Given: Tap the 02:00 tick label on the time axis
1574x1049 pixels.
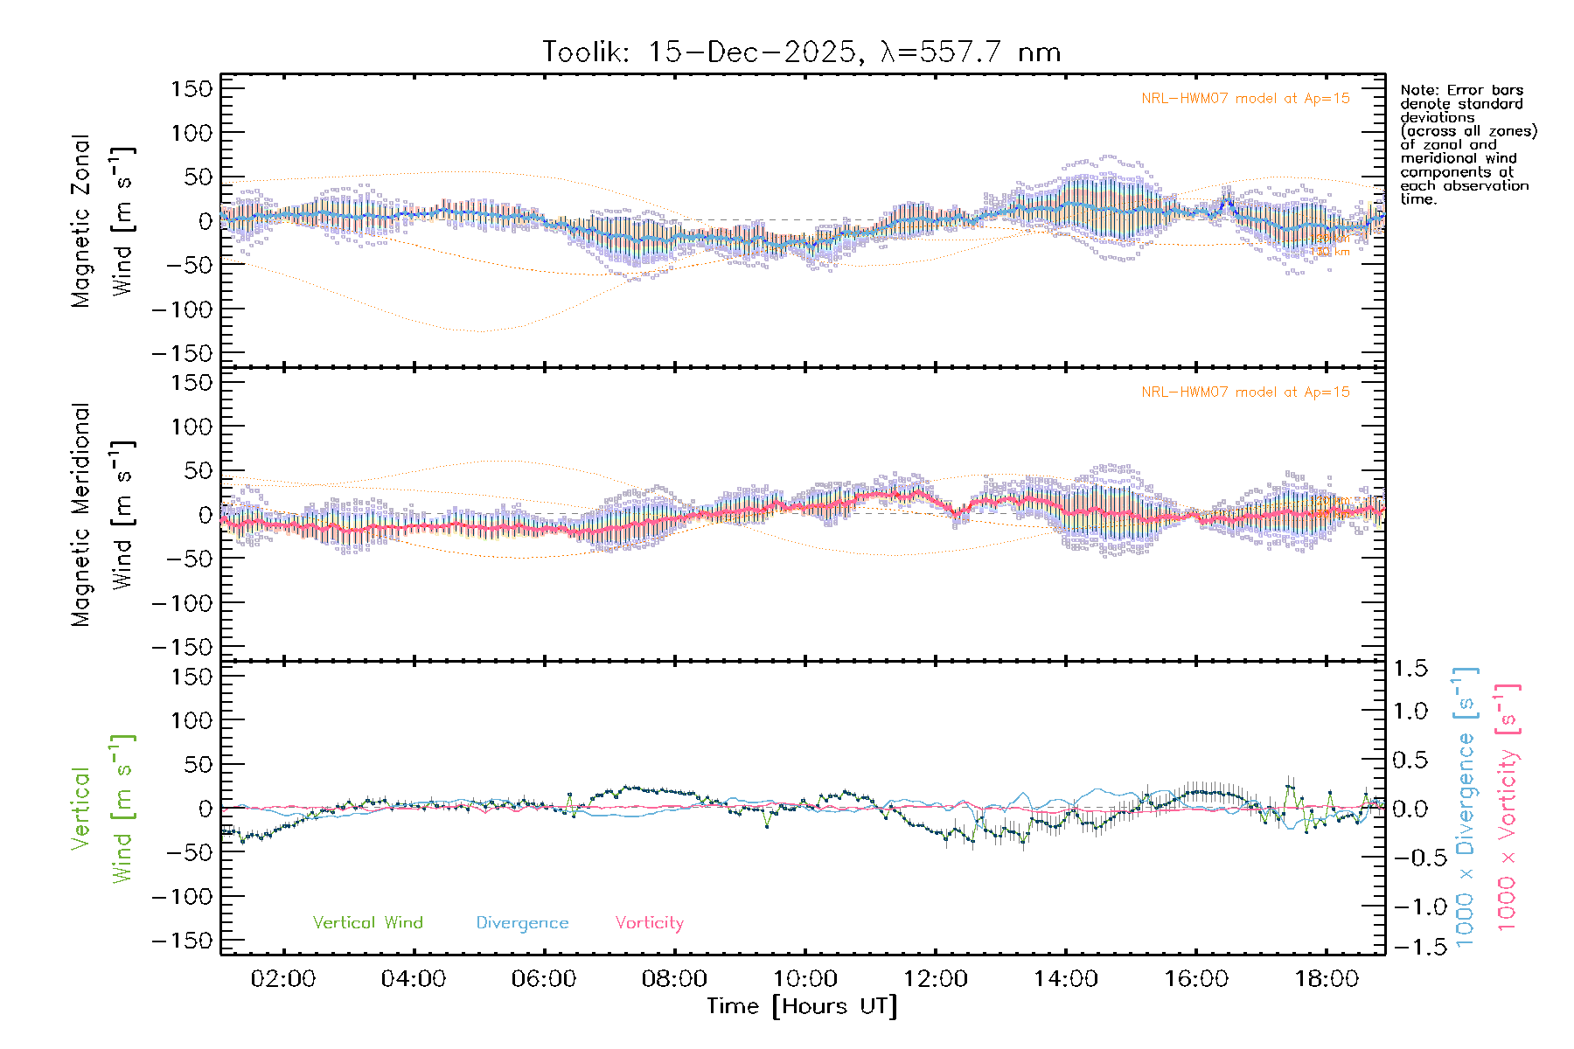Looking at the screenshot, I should (x=282, y=978).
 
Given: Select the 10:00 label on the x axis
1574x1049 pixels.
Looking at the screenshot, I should (x=804, y=978).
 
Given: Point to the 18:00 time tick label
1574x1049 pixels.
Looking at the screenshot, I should (x=1327, y=978).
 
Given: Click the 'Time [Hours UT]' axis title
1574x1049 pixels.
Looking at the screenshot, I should (x=802, y=1006).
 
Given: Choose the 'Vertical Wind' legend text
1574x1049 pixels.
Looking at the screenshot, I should (x=367, y=922).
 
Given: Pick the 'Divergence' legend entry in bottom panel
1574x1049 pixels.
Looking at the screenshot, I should (x=522, y=922).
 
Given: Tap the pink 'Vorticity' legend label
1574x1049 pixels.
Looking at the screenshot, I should (x=649, y=922).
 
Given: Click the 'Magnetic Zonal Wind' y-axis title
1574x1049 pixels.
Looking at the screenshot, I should (x=101, y=220).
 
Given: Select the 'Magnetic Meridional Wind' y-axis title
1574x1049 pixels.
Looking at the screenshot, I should (x=101, y=515).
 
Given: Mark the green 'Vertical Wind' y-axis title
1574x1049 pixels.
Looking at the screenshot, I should (x=101, y=809).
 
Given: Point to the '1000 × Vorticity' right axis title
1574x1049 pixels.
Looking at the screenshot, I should (x=1508, y=809).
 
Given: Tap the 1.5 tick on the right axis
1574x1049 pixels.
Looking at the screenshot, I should (x=1410, y=669).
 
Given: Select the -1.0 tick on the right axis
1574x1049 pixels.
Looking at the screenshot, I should (x=1410, y=907).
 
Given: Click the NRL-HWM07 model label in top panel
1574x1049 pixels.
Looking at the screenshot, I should (x=1245, y=99).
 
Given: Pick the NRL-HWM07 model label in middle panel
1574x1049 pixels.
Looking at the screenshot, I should (x=1245, y=393).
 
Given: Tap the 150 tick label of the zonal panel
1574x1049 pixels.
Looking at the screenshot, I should (x=192, y=88).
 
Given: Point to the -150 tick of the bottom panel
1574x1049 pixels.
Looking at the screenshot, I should (x=182, y=941).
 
